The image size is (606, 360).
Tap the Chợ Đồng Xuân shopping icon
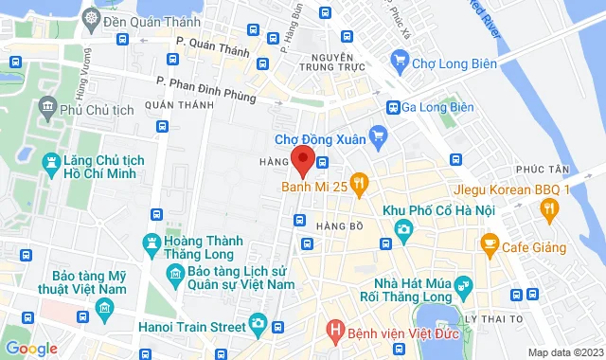pyautogui.click(x=378, y=135)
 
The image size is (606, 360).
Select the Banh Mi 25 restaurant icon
pyautogui.click(x=359, y=182)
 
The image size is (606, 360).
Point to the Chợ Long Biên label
pyautogui.click(x=452, y=63)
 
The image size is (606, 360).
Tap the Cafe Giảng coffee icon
pyautogui.click(x=490, y=247)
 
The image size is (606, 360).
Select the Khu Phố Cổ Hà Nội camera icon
pyautogui.click(x=404, y=228)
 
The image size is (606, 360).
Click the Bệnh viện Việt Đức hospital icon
pyautogui.click(x=332, y=331)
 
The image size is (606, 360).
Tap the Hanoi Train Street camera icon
pyautogui.click(x=258, y=324)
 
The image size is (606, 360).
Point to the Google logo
pyautogui.click(x=31, y=349)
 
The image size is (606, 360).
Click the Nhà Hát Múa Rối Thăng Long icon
pyautogui.click(x=463, y=284)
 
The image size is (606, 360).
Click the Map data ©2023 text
pyautogui.click(x=565, y=352)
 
